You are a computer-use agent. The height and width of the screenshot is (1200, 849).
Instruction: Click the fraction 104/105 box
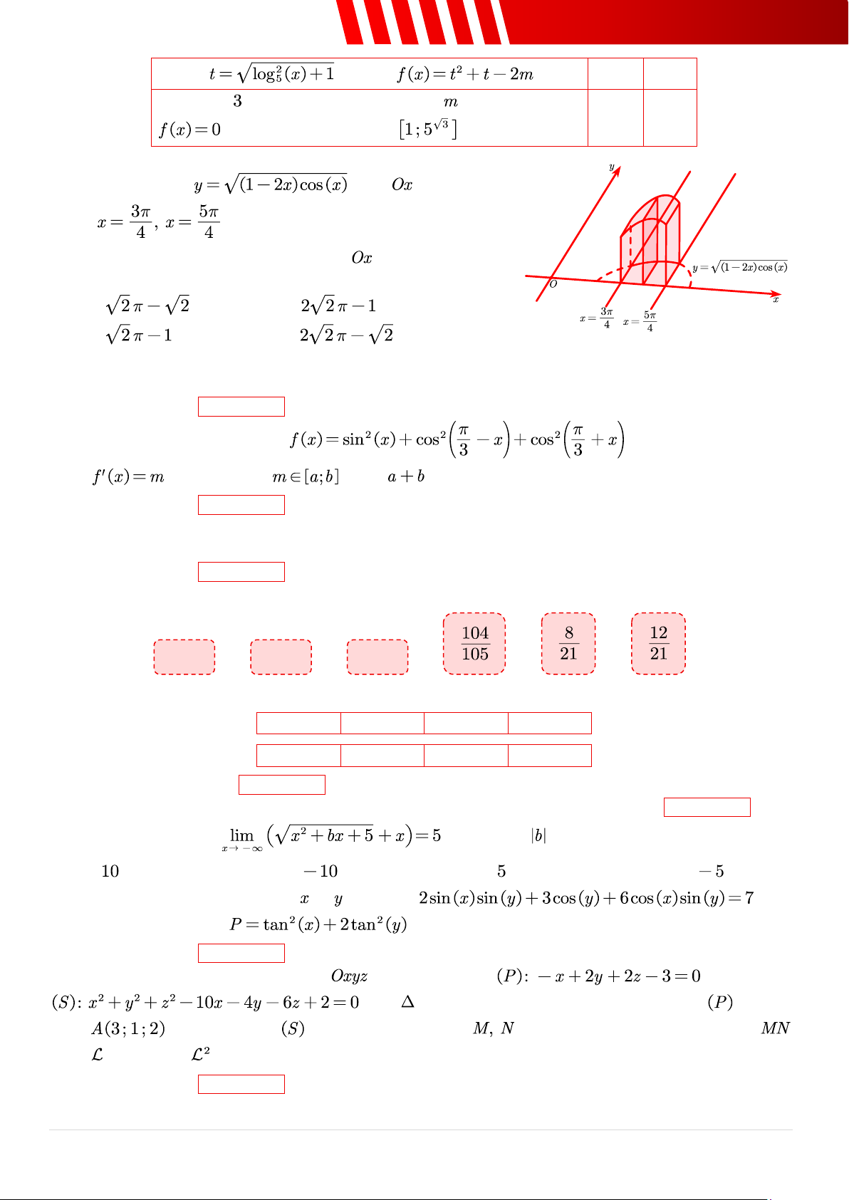pos(474,643)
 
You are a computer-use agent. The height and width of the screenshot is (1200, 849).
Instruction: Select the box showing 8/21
pos(568,643)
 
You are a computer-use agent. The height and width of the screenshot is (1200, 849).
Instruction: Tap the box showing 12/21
pos(658,643)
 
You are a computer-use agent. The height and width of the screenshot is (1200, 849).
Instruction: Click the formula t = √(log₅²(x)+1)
pos(271,73)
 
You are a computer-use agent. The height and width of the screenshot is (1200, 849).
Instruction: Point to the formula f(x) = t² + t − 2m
pos(465,74)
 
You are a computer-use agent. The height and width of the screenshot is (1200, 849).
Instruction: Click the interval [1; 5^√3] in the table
pos(427,129)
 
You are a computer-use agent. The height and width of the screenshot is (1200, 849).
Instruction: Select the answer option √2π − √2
pos(147,306)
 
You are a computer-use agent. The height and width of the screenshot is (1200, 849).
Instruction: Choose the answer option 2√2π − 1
pos(338,306)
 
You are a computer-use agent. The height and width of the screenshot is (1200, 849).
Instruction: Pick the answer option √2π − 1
pos(139,335)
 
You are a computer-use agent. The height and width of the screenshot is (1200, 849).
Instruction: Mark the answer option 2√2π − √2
pos(346,335)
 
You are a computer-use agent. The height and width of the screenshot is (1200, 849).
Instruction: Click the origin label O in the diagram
pos(553,284)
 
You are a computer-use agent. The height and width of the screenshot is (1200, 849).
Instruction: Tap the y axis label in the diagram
pos(611,167)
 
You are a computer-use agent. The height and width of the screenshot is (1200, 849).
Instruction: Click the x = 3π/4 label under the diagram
pos(597,318)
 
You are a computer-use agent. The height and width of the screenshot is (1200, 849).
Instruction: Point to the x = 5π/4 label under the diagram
pos(640,322)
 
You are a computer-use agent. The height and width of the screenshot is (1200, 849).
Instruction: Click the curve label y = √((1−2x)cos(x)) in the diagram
pos(740,268)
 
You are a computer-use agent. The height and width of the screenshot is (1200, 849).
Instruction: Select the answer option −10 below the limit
pos(321,871)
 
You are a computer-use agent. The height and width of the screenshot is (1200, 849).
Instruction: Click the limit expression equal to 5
pos(332,836)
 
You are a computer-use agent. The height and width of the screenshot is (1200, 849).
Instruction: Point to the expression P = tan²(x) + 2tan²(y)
pos(318,925)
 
